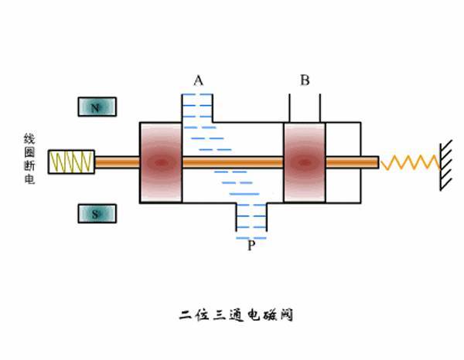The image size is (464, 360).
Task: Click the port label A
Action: (x=198, y=80)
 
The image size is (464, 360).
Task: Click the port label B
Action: (x=305, y=80)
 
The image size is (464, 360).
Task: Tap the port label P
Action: (x=251, y=246)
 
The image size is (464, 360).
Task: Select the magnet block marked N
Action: (x=97, y=107)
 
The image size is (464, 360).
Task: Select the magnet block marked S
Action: (x=97, y=213)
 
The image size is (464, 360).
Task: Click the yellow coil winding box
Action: (x=71, y=161)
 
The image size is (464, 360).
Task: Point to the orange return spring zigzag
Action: (x=410, y=162)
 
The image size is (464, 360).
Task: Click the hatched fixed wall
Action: (x=446, y=165)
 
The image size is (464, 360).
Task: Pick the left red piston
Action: (x=161, y=162)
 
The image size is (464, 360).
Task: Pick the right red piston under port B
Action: (x=305, y=162)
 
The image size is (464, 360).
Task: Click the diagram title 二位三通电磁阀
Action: (x=236, y=315)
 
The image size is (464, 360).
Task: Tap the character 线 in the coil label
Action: (x=29, y=139)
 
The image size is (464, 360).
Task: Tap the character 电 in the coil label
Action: (x=29, y=179)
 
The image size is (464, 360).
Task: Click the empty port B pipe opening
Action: (x=305, y=108)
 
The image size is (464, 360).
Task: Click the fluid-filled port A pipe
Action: (x=197, y=108)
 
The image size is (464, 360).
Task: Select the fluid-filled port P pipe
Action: (x=251, y=217)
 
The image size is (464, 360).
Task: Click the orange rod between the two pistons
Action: (x=233, y=162)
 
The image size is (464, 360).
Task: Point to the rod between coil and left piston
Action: (x=118, y=162)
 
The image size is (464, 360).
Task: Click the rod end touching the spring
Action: (x=377, y=162)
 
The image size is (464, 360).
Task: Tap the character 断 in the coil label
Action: (x=29, y=166)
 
